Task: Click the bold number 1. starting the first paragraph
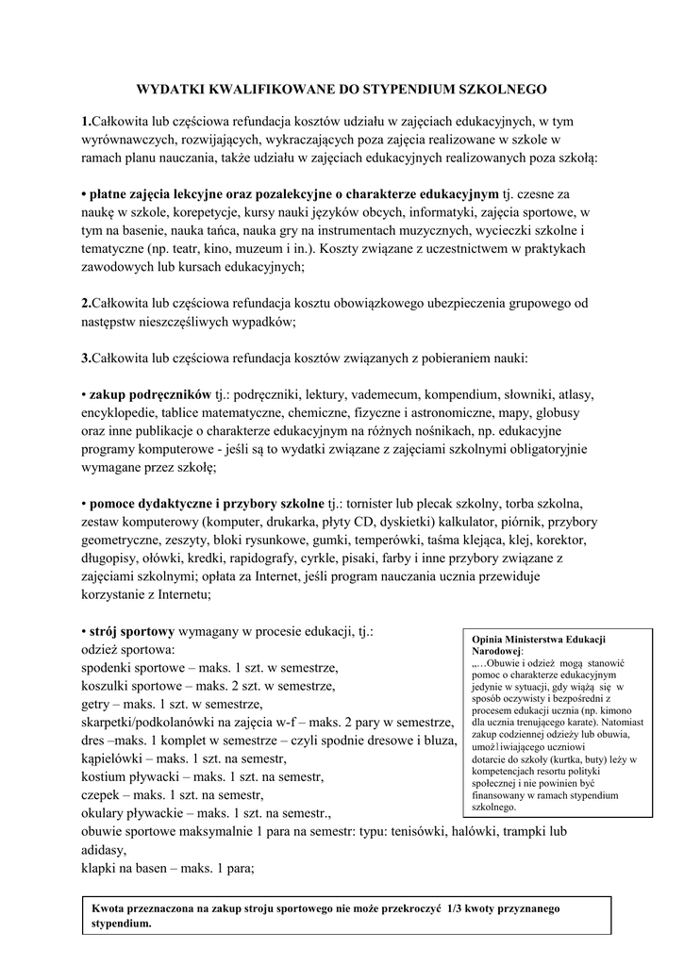tap(86, 122)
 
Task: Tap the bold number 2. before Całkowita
tap(86, 303)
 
